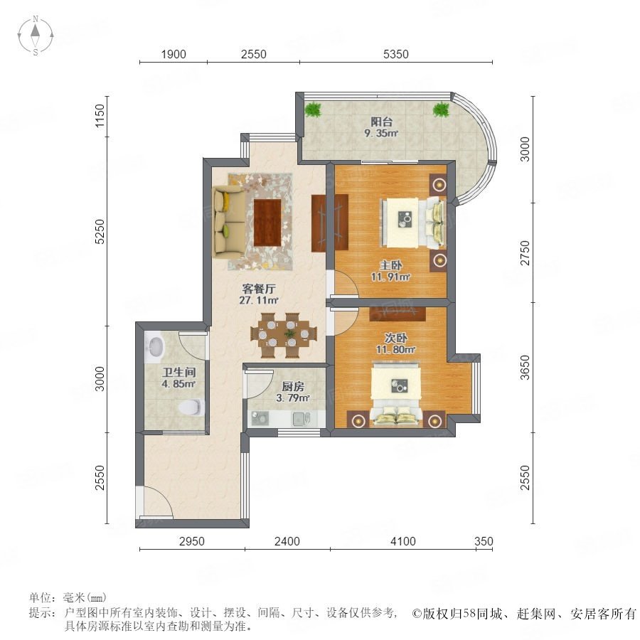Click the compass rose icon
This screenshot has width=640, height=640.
tap(36, 35)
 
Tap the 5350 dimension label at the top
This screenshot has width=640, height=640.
tap(395, 54)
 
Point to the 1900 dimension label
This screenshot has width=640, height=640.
tap(174, 54)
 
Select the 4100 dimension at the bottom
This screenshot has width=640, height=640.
tap(403, 541)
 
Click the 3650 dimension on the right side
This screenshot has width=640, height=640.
tap(525, 368)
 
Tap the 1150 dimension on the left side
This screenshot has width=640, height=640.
tap(100, 116)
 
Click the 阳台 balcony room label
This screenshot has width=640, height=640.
tap(382, 121)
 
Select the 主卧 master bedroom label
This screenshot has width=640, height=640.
tap(390, 265)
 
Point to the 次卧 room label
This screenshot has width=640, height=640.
tap(395, 338)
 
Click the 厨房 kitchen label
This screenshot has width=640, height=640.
tap(293, 386)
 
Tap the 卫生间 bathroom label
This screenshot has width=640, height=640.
tap(178, 372)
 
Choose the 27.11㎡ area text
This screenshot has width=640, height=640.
tap(259, 300)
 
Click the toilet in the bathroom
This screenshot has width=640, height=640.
tap(191, 407)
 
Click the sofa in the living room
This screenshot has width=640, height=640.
tap(229, 222)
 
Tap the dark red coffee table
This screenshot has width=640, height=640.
tap(268, 223)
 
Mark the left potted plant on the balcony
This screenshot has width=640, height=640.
tap(313, 110)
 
